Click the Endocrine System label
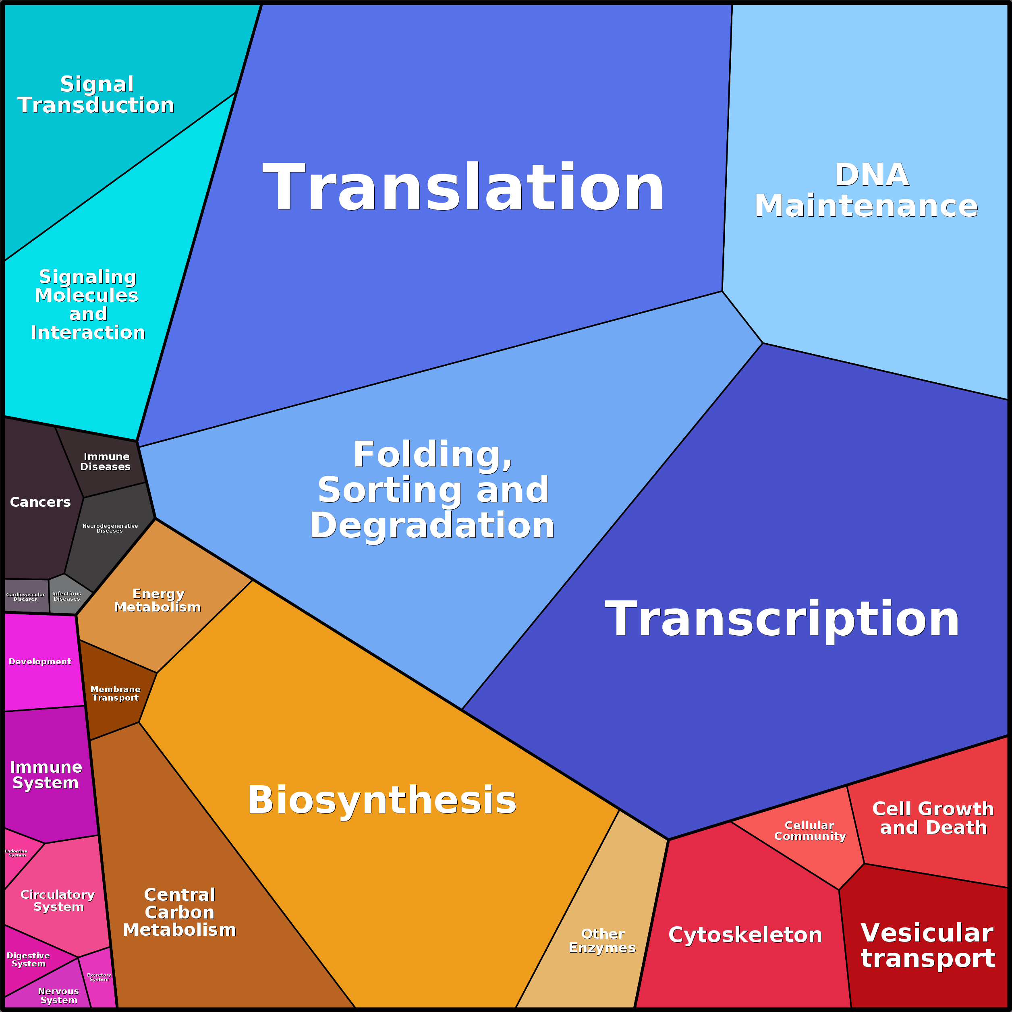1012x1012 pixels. (x=16, y=853)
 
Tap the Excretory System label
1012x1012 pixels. (x=99, y=977)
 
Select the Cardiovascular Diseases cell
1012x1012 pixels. (x=26, y=597)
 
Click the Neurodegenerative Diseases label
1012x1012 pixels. (x=110, y=529)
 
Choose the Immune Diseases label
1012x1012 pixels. (x=105, y=461)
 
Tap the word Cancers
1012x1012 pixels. (x=40, y=502)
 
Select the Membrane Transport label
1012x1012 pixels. (x=115, y=693)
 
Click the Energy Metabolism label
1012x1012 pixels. (x=158, y=600)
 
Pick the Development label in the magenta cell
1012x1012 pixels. (x=40, y=662)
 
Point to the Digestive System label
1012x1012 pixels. (x=28, y=960)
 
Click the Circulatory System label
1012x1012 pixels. (x=58, y=900)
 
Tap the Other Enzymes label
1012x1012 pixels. (x=602, y=941)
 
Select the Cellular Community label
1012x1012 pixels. (x=810, y=831)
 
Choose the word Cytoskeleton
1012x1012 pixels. (x=745, y=935)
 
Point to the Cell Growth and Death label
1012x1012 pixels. (x=933, y=818)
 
